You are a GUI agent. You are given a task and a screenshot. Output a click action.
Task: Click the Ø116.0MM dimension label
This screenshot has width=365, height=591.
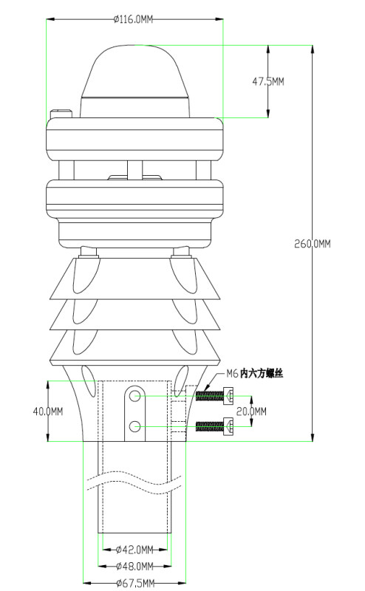coord(133,19)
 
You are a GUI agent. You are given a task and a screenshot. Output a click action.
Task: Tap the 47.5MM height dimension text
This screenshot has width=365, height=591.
coord(268,81)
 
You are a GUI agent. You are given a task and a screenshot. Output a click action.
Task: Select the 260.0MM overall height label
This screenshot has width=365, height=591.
coord(313,244)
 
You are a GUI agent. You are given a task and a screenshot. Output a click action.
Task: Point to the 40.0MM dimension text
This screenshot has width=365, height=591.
coord(48,411)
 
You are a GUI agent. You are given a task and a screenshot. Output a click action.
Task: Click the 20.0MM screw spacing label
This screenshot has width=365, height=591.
coord(251,411)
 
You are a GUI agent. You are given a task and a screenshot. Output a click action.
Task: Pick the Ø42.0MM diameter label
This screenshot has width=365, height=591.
coord(134,550)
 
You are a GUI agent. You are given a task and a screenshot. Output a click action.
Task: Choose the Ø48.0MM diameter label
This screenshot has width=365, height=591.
coord(134,566)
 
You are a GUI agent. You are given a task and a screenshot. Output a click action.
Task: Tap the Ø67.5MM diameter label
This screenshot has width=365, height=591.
coord(135,584)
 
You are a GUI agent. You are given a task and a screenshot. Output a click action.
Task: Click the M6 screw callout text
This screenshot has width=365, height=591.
coord(254,374)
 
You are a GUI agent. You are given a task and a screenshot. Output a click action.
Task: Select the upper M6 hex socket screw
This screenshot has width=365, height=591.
coord(214,396)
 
